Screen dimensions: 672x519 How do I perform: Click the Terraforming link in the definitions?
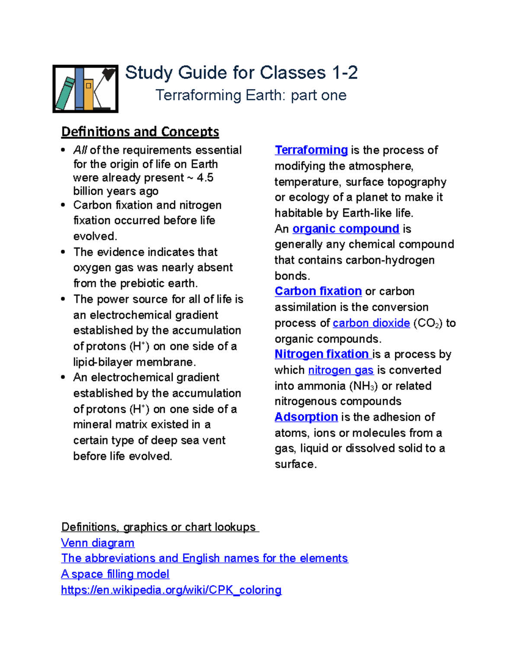click(x=311, y=150)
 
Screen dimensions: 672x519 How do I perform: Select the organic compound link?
click(x=346, y=229)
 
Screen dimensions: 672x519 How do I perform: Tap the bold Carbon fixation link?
click(x=318, y=291)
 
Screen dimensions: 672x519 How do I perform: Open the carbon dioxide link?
click(x=371, y=323)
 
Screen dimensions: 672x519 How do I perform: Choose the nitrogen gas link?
click(x=340, y=370)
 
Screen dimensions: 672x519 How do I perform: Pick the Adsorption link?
click(x=306, y=417)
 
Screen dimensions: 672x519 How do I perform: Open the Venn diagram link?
click(x=98, y=543)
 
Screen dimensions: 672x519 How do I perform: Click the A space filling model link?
click(x=115, y=574)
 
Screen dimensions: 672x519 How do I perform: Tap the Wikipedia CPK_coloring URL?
click(x=171, y=590)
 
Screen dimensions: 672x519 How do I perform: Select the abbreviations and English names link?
click(x=204, y=559)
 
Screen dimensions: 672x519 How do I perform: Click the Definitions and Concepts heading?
click(x=140, y=132)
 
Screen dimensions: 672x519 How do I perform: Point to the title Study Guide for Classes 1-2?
click(x=241, y=73)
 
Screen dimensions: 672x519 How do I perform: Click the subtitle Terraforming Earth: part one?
click(x=251, y=96)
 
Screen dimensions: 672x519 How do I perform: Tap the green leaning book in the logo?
click(x=65, y=93)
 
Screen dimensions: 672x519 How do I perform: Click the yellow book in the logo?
click(x=89, y=94)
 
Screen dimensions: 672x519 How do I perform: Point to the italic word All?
click(x=80, y=150)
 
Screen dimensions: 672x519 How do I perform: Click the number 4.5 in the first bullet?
click(x=205, y=178)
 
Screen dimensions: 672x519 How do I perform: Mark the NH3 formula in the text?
click(x=366, y=386)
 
